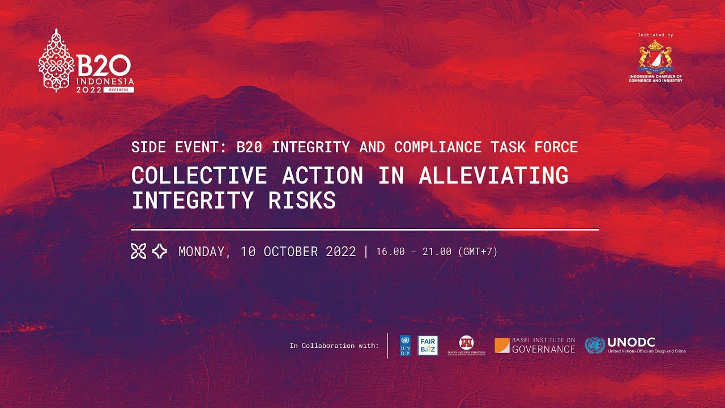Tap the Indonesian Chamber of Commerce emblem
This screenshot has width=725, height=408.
pyautogui.click(x=655, y=57)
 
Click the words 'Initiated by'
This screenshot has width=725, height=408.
pyautogui.click(x=655, y=35)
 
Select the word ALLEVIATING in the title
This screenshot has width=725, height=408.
pyautogui.click(x=493, y=175)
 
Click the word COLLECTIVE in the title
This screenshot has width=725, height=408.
pyautogui.click(x=199, y=175)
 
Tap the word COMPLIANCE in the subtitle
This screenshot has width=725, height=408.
pyautogui.click(x=438, y=147)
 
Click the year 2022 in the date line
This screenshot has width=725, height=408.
pyautogui.click(x=341, y=251)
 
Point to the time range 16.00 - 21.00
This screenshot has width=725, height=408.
pyautogui.click(x=413, y=252)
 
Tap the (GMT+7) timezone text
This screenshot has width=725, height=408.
pyautogui.click(x=477, y=252)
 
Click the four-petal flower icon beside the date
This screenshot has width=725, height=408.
pyautogui.click(x=138, y=251)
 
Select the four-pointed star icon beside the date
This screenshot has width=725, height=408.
pyautogui.click(x=160, y=251)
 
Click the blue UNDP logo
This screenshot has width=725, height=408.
pyautogui.click(x=405, y=346)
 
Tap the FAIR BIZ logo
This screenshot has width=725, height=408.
pyautogui.click(x=427, y=346)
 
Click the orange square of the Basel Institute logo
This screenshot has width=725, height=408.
pyautogui.click(x=502, y=346)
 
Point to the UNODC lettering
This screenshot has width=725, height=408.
pyautogui.click(x=631, y=342)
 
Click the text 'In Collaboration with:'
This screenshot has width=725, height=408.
pyautogui.click(x=334, y=346)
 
